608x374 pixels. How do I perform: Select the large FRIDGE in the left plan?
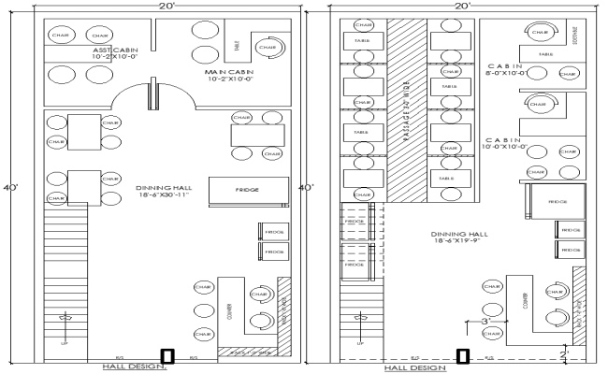coord(247,190)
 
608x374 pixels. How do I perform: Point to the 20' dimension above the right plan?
coord(462,6)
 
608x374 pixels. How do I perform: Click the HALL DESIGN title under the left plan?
coord(132,367)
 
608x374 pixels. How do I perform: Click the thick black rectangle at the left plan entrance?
coord(167,355)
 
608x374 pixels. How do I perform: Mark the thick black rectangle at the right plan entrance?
coord(462,355)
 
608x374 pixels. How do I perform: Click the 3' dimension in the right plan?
coord(485,321)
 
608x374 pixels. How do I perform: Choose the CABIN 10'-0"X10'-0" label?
coord(549,141)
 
